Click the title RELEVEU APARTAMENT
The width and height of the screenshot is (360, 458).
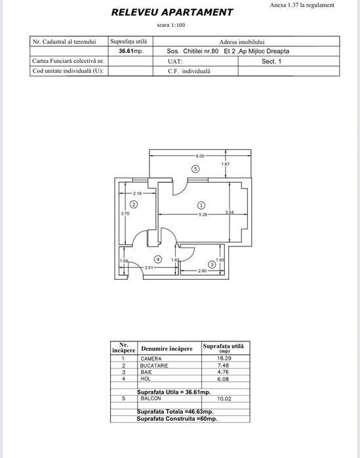[x=172, y=12]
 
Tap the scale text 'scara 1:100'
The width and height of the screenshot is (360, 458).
[x=171, y=25]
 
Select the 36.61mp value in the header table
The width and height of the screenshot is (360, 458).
[x=131, y=51]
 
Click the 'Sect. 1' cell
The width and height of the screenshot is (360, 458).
[x=271, y=62]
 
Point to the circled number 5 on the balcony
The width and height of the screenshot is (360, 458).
[x=195, y=169]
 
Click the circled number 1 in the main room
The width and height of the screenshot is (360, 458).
[x=201, y=206]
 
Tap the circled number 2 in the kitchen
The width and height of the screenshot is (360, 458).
[x=134, y=204]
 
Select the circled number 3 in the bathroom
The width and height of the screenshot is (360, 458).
[x=212, y=265]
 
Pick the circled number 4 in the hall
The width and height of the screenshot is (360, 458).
[x=158, y=259]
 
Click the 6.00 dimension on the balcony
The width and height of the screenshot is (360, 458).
[x=200, y=156]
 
